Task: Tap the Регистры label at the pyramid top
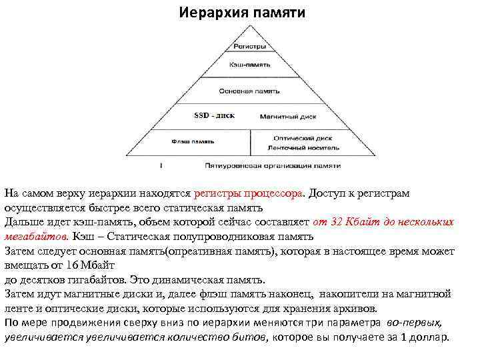(x=249, y=47)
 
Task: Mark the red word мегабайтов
(x=36, y=237)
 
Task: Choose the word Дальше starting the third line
(x=23, y=222)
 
